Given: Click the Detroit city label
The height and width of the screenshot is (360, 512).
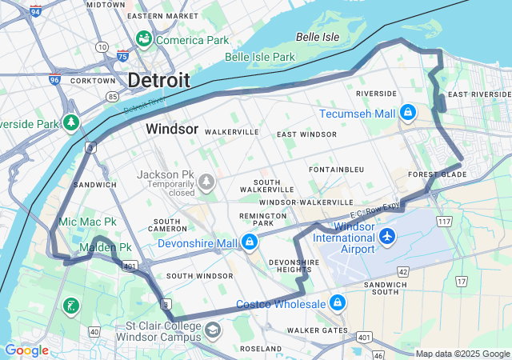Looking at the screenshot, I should tap(159, 80).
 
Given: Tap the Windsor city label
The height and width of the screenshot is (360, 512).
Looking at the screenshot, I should tap(172, 129).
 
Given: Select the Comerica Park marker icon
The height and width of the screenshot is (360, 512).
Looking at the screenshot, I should tap(144, 38).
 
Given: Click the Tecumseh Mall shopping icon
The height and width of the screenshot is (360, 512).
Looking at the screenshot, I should tap(408, 112).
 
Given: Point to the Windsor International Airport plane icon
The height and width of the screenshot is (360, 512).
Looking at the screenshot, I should tap(388, 236).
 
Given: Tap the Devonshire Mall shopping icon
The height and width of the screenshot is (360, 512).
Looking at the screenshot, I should tap(250, 242).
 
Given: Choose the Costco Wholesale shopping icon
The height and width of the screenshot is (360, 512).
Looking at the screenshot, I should tap(338, 302).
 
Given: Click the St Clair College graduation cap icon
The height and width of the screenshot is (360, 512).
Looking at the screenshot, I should tap(213, 330).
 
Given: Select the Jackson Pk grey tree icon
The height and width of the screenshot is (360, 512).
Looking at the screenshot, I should tap(208, 182).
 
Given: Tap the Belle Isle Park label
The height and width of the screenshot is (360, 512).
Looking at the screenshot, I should tap(260, 57).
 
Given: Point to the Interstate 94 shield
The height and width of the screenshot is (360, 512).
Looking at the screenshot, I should tap(36, 11).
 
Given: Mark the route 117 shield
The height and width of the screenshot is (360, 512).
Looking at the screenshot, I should tap(443, 220).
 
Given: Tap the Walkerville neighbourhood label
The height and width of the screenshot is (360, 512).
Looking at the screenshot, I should tap(232, 131).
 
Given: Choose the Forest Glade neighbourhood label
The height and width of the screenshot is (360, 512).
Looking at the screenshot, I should tap(437, 174).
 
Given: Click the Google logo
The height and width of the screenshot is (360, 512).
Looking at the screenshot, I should tap(27, 350).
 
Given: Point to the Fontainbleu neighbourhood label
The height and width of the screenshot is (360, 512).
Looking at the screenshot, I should tap(336, 170).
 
